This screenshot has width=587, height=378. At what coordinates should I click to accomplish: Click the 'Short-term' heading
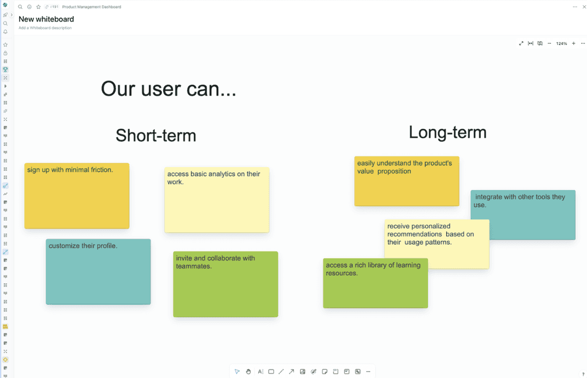(156, 136)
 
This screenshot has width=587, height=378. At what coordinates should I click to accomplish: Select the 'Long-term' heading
(447, 132)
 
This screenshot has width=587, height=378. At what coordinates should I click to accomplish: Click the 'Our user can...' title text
(168, 89)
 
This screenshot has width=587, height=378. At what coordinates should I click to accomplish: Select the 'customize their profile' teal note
(98, 272)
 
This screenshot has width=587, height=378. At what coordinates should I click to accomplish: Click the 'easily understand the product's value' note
(406, 181)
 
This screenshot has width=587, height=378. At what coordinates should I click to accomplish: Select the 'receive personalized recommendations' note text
(430, 234)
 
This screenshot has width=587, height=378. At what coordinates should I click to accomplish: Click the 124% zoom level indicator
(561, 44)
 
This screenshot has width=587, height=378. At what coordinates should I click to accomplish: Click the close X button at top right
(584, 7)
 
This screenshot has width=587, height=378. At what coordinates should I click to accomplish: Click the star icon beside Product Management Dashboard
(38, 7)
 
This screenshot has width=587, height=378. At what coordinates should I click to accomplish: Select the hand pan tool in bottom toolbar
(249, 372)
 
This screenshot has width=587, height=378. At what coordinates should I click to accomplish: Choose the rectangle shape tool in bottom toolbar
(271, 372)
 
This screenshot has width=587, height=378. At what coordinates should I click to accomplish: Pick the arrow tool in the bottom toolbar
(291, 372)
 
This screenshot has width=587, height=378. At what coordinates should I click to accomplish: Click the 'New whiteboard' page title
(46, 19)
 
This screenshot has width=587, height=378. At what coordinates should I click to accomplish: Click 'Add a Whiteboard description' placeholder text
(45, 28)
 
